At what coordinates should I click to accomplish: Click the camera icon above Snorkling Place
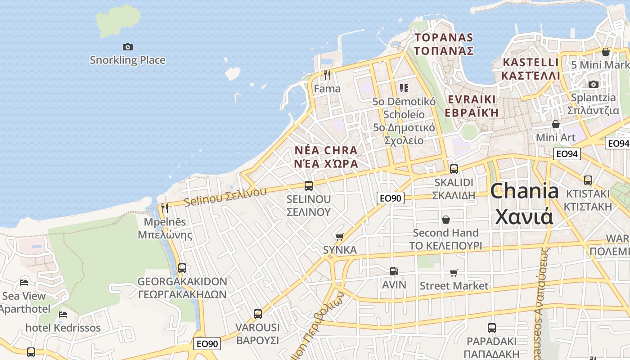coord(128,47)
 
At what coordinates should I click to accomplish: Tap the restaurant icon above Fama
coord(327,75)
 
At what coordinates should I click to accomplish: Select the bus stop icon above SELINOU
coord(309,185)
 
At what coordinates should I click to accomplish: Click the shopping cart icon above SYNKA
coord(340,237)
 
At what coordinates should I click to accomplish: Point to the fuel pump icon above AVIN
coord(394,271)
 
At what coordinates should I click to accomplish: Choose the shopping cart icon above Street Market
coord(454,273)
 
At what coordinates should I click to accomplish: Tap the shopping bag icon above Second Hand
coord(445,220)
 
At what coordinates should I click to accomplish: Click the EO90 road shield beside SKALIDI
coord(390,198)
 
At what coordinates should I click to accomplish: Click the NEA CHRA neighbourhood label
coord(326,157)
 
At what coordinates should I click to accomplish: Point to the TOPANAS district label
coord(444,44)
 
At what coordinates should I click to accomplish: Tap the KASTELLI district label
coord(531,68)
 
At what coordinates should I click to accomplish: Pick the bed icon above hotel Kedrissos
coord(63,314)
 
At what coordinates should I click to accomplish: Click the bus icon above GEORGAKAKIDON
coord(182,268)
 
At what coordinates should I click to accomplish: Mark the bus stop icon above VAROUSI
coord(258,314)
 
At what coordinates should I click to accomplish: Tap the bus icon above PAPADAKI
coord(492,328)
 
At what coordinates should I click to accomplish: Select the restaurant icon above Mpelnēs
coord(165,208)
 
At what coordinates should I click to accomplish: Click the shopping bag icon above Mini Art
coord(556,124)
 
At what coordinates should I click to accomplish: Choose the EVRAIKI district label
coord(472,106)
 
